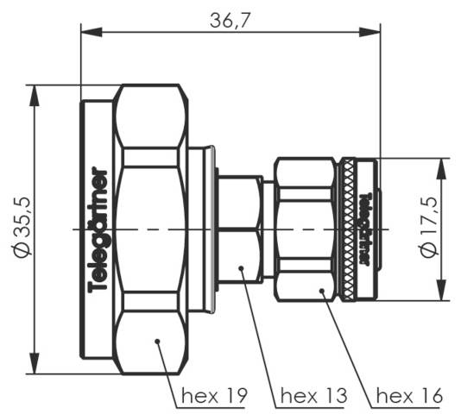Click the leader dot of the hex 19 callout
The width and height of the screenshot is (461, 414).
[x=158, y=342]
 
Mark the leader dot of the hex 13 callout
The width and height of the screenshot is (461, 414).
[x=243, y=270]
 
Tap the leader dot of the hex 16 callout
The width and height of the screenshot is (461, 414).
[x=324, y=292]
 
